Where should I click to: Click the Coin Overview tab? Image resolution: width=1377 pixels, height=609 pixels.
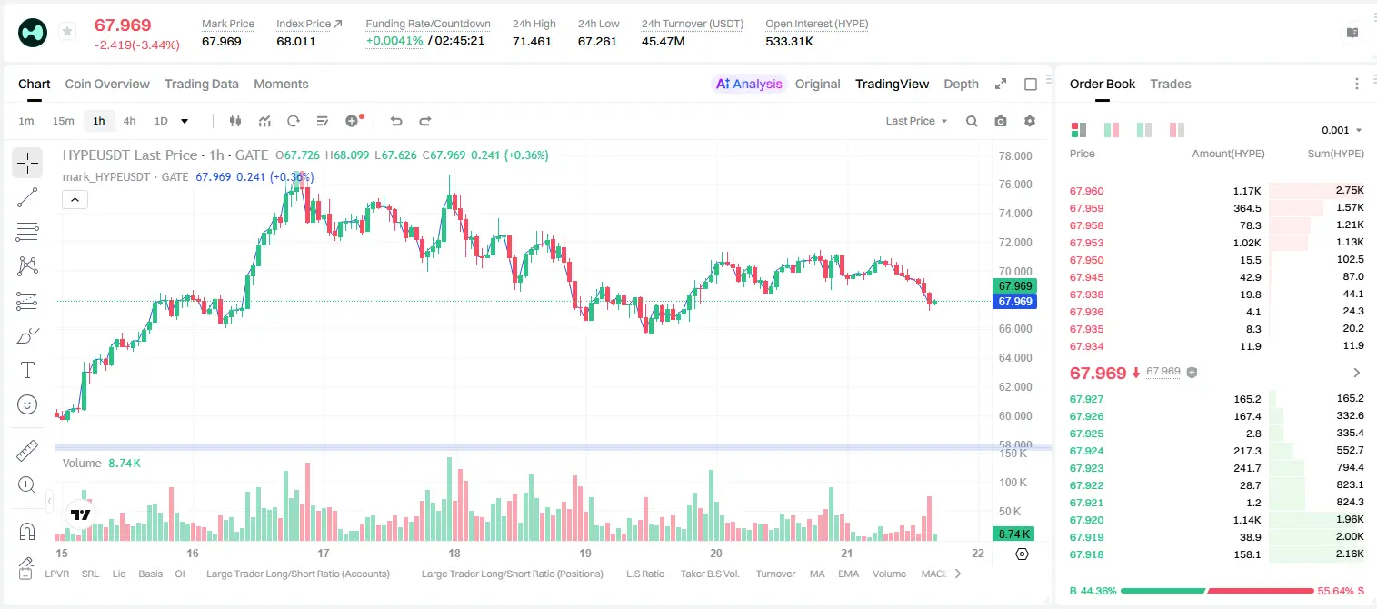point(107,84)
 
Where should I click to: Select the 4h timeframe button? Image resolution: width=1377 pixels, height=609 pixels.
point(129,121)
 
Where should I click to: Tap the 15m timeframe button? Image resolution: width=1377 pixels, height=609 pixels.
point(64,121)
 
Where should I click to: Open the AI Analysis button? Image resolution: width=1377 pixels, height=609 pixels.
point(749,84)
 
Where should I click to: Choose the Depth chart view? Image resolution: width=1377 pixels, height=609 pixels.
point(961,84)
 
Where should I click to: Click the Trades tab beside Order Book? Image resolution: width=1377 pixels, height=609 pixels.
point(1171,84)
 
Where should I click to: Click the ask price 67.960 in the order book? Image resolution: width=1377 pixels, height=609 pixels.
point(1086,191)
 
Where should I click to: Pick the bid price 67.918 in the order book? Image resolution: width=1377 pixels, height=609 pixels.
point(1086,554)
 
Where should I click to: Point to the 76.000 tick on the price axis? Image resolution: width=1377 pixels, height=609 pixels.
point(1015,185)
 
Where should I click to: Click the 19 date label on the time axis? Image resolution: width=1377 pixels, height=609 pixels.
point(585,553)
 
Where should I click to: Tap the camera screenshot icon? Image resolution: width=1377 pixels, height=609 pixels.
point(1001,121)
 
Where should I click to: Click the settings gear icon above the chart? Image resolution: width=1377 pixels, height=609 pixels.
point(1030,121)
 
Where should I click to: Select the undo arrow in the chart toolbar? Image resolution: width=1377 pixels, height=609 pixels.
point(396,121)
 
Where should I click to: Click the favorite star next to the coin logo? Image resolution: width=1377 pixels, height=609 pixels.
point(67,31)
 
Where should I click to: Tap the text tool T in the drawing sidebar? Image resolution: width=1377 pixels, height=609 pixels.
point(27,370)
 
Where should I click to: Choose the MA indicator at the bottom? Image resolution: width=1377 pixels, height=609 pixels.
point(817,574)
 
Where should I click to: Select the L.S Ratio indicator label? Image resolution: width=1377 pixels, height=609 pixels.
point(645,574)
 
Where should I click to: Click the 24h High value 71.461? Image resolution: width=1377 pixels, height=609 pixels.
point(532,41)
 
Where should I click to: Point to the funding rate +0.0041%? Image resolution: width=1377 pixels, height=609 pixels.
point(394,41)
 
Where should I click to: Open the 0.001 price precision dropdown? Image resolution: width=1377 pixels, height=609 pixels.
point(1342,130)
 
